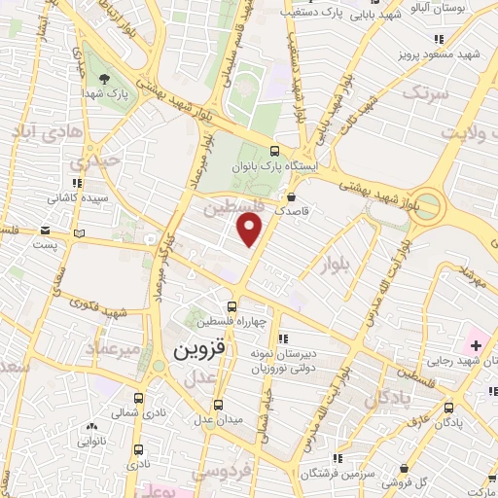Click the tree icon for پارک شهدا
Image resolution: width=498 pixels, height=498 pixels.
point(103,78)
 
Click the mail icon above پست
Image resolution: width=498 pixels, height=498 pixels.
point(45,231)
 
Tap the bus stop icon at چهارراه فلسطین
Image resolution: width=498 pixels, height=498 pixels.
point(231,307)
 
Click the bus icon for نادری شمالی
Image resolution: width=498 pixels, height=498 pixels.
point(137,398)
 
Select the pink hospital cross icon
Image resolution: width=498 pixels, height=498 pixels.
point(477,344)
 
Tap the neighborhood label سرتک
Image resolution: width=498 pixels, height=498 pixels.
point(427,93)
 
